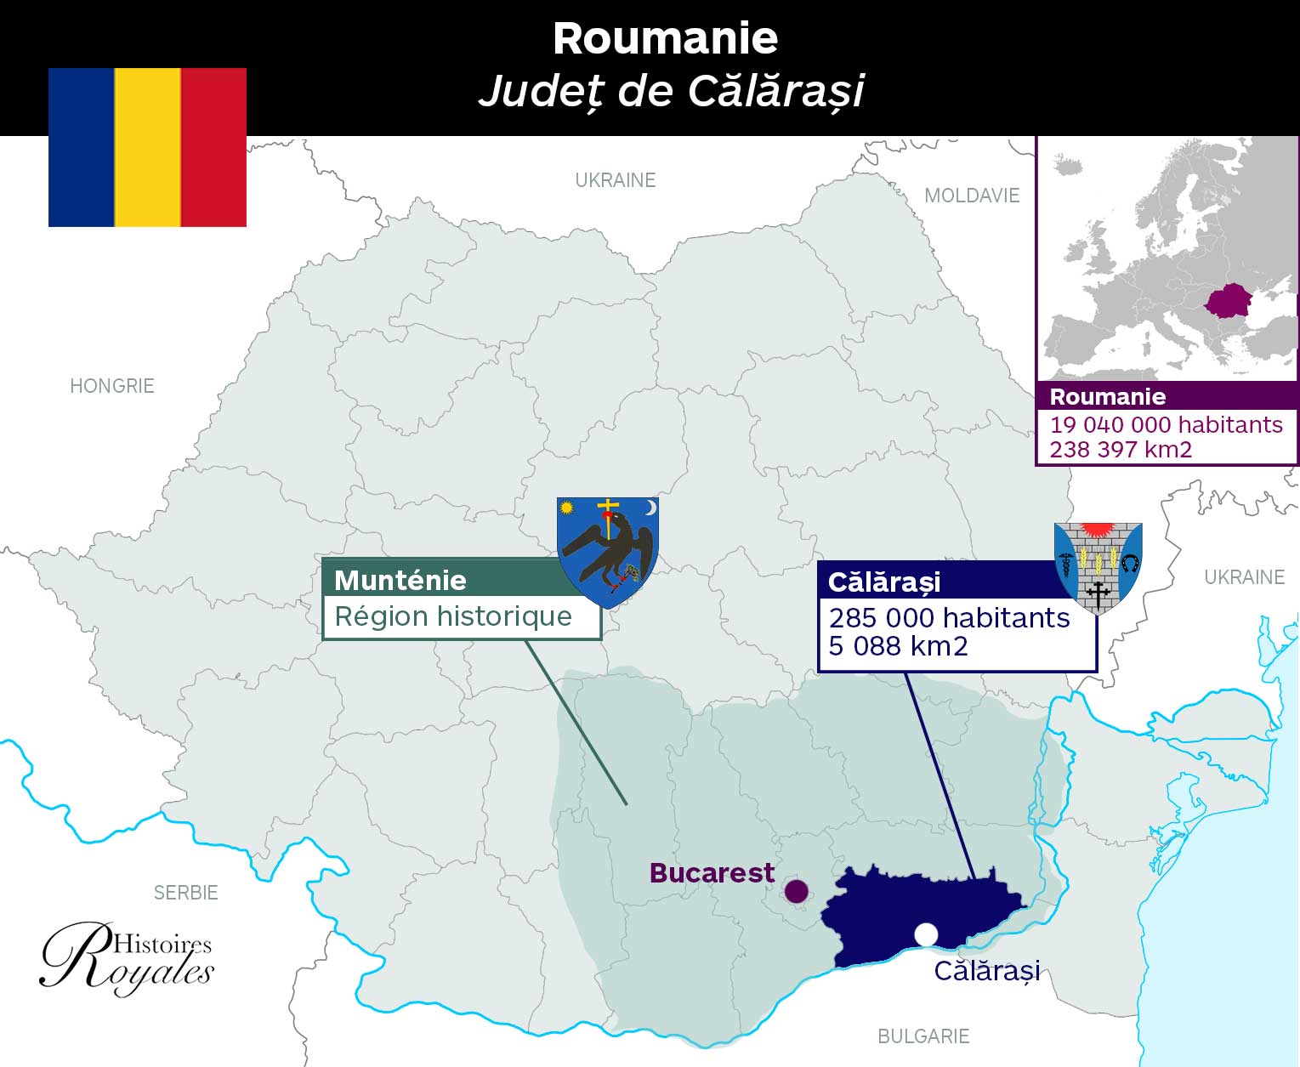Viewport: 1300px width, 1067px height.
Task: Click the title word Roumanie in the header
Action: pyautogui.click(x=665, y=39)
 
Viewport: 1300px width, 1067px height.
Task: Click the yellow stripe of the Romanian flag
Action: pyautogui.click(x=147, y=147)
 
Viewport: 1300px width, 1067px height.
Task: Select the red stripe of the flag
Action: pyautogui.click(x=213, y=147)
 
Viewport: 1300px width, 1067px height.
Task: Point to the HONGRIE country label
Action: pyautogui.click(x=112, y=386)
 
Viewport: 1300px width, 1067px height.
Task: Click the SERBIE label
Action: pyautogui.click(x=185, y=893)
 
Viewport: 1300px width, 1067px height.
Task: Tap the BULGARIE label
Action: pyautogui.click(x=923, y=1036)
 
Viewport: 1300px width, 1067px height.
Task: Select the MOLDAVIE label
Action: pyautogui.click(x=971, y=196)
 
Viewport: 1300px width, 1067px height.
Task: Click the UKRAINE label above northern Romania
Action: pyautogui.click(x=615, y=180)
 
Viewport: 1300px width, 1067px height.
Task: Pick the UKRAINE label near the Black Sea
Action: pyautogui.click(x=1244, y=577)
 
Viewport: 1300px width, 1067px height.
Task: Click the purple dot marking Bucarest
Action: pyautogui.click(x=796, y=891)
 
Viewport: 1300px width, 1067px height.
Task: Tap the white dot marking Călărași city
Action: pyautogui.click(x=926, y=934)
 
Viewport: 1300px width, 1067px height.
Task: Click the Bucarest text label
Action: pyautogui.click(x=712, y=873)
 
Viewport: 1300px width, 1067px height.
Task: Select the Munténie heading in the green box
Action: pyautogui.click(x=400, y=580)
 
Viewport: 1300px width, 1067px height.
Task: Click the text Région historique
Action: pyautogui.click(x=453, y=616)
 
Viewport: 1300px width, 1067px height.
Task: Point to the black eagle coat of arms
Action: pyautogui.click(x=608, y=551)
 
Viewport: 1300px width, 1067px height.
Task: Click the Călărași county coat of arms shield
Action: pyautogui.click(x=1098, y=566)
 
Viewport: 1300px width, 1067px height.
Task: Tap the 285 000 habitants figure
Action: pyautogui.click(x=949, y=618)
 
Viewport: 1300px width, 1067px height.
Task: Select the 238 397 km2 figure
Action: pyautogui.click(x=1120, y=450)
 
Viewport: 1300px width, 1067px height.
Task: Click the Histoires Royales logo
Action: pyautogui.click(x=128, y=959)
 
